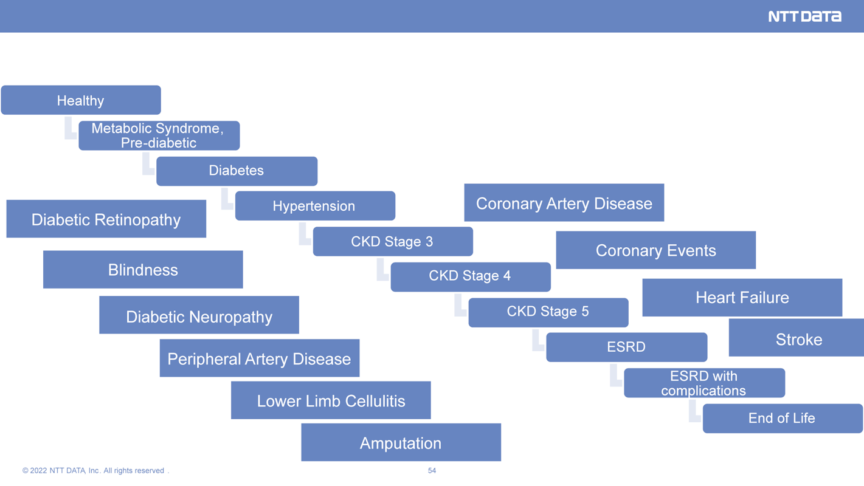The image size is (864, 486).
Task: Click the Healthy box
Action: [81, 100]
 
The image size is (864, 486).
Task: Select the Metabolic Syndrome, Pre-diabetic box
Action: [159, 135]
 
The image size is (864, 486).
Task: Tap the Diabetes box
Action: [237, 171]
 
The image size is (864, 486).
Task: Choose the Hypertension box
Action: [315, 206]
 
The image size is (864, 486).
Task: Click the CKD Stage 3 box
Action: [393, 241]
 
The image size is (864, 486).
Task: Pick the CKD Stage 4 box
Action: [471, 277]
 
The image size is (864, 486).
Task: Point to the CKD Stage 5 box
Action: [548, 313]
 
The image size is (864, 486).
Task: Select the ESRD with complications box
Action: [704, 383]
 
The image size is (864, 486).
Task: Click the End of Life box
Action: [783, 419]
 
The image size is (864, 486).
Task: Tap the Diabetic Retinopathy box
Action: [106, 219]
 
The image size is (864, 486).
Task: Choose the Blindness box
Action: [143, 269]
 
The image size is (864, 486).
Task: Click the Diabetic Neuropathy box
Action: [199, 315]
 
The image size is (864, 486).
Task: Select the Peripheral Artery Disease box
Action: [260, 358]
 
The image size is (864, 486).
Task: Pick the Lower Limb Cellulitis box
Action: [331, 400]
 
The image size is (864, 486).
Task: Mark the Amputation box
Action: [401, 442]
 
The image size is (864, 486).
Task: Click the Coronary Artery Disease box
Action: [564, 203]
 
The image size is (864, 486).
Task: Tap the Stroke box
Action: [797, 338]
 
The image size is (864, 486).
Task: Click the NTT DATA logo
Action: [804, 16]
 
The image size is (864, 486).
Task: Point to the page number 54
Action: [432, 471]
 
